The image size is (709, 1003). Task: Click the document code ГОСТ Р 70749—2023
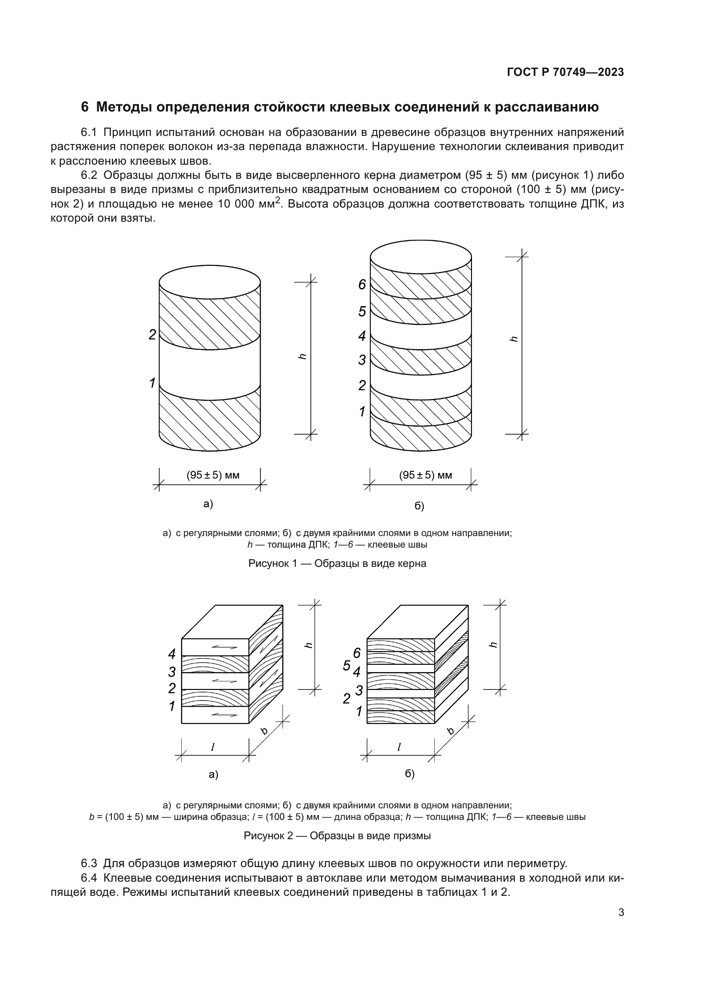[565, 72]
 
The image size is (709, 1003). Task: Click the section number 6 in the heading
[85, 107]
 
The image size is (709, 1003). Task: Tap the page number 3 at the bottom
[621, 913]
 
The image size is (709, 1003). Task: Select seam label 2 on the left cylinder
[152, 334]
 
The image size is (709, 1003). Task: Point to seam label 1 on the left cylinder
[152, 383]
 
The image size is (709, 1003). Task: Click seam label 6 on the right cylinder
[362, 284]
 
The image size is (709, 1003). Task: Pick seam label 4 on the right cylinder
[362, 336]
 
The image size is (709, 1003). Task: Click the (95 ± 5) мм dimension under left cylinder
[213, 475]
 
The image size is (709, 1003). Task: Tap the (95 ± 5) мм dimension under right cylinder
[425, 475]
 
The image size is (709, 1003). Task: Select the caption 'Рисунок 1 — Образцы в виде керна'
[337, 563]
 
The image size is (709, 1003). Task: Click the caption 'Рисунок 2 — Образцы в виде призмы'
[337, 836]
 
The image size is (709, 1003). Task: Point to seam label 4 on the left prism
[171, 654]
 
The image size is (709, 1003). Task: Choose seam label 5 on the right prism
[347, 666]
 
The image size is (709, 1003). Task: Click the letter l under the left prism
[213, 747]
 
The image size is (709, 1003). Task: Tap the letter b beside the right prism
[451, 731]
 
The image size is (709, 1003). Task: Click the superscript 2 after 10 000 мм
[278, 200]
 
